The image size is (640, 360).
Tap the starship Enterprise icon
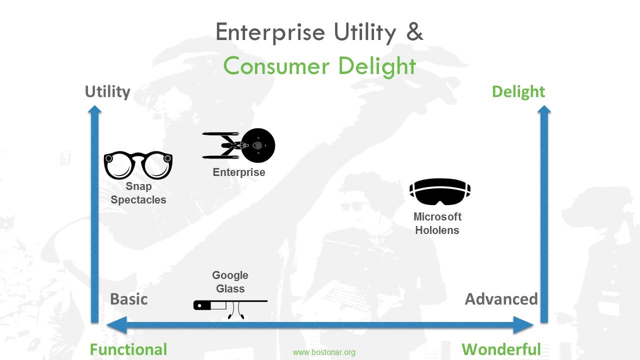point(239,145)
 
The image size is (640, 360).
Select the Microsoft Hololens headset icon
point(440,191)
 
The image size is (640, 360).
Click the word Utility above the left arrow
point(107,92)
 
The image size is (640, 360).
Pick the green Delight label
point(518,92)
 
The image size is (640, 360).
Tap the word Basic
point(129,299)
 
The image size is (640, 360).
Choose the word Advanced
point(501,299)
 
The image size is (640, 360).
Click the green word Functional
point(128,349)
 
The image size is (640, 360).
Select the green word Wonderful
point(501,349)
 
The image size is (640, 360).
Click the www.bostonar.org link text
point(324,352)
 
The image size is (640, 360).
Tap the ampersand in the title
point(414,31)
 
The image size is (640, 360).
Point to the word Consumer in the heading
point(276,65)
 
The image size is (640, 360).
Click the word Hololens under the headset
point(437,230)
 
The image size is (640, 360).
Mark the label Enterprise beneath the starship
point(239,172)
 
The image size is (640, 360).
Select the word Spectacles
point(138,200)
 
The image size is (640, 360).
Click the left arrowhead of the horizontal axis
point(116,325)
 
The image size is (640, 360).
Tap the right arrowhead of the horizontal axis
point(523,325)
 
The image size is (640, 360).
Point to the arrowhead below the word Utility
point(94,110)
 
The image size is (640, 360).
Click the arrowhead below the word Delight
point(544,110)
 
